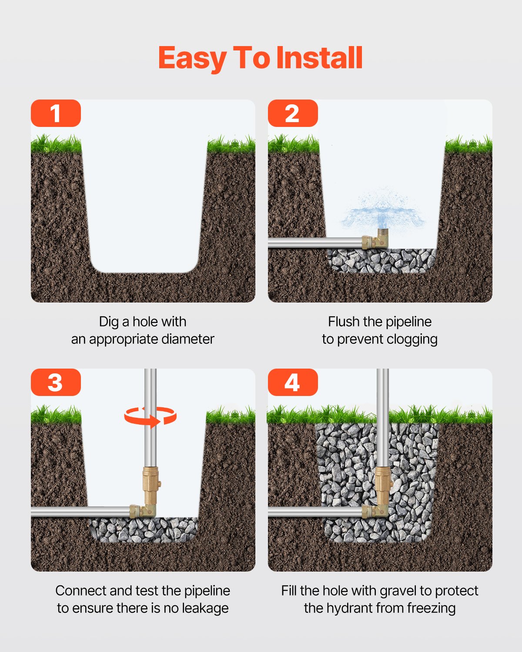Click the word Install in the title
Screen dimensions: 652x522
pos(319,58)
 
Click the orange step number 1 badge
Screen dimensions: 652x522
pos(56,113)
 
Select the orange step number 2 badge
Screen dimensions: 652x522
pos(293,113)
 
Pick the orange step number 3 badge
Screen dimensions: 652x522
pos(56,383)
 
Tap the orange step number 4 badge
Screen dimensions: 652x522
pos(293,383)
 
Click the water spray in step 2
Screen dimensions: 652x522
pos(382,211)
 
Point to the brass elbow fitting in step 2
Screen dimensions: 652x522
pos(375,240)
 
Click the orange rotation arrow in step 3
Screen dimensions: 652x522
pos(151,416)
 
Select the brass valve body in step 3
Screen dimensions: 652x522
pos(151,485)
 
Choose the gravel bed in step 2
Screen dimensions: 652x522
pos(381,261)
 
